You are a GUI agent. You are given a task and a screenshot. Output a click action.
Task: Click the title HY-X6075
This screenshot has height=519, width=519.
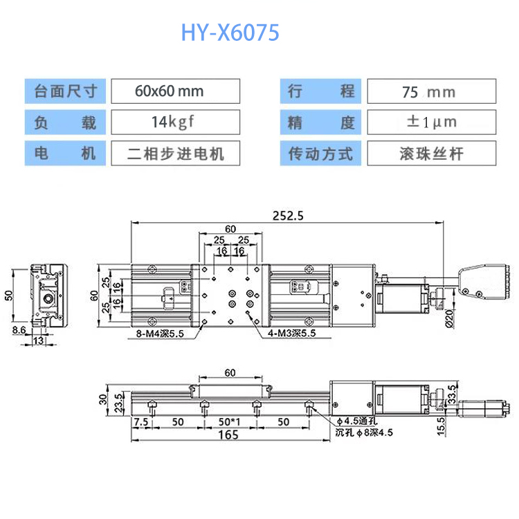230,32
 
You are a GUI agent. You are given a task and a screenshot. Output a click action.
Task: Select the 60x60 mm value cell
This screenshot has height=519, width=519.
175,91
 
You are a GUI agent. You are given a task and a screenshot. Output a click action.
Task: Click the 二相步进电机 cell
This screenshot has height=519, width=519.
175,153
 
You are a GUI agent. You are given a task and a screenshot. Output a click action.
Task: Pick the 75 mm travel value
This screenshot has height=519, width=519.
430,91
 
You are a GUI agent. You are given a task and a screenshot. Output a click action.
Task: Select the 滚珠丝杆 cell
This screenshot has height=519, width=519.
430,153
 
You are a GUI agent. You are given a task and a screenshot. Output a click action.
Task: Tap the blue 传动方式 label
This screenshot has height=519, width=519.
320,153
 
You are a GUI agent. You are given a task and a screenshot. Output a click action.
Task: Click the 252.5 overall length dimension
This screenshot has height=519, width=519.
288,215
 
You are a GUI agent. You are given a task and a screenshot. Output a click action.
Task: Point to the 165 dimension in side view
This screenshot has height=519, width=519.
225,435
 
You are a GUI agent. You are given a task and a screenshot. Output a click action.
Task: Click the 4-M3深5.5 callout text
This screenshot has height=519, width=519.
291,333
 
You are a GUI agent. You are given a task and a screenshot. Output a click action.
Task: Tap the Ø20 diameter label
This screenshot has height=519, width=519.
450,316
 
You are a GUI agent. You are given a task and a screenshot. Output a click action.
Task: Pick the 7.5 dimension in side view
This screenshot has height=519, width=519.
141,421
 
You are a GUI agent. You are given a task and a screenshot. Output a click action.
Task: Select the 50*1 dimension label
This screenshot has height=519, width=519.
229,421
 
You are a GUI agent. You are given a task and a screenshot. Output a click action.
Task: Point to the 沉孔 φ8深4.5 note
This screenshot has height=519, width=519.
364,433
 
